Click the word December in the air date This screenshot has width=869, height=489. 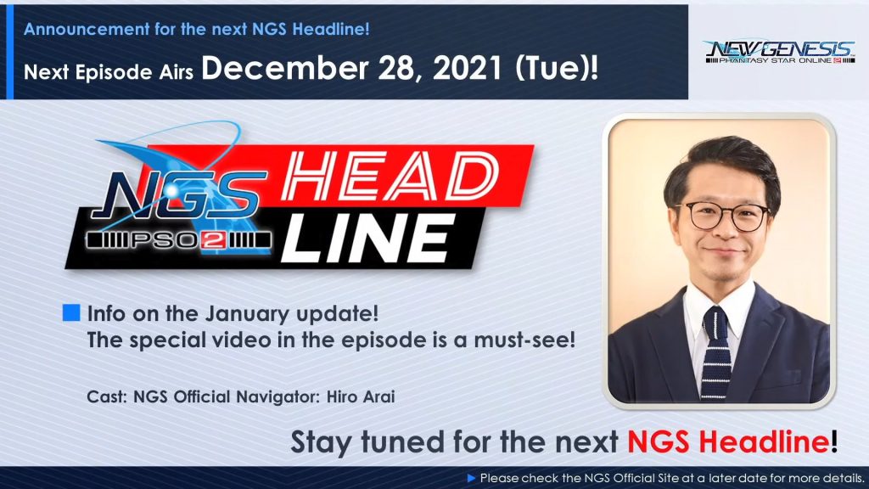(285, 69)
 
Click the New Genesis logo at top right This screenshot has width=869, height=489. (780, 52)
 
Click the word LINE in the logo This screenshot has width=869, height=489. (367, 239)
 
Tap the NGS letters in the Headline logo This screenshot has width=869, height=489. (178, 194)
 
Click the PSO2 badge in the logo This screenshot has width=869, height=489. (178, 240)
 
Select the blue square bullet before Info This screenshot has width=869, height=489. (71, 312)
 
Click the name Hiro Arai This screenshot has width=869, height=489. (361, 396)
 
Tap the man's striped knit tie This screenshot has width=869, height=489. (715, 352)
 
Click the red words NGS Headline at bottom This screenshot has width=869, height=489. (728, 441)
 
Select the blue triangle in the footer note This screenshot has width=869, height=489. (472, 478)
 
